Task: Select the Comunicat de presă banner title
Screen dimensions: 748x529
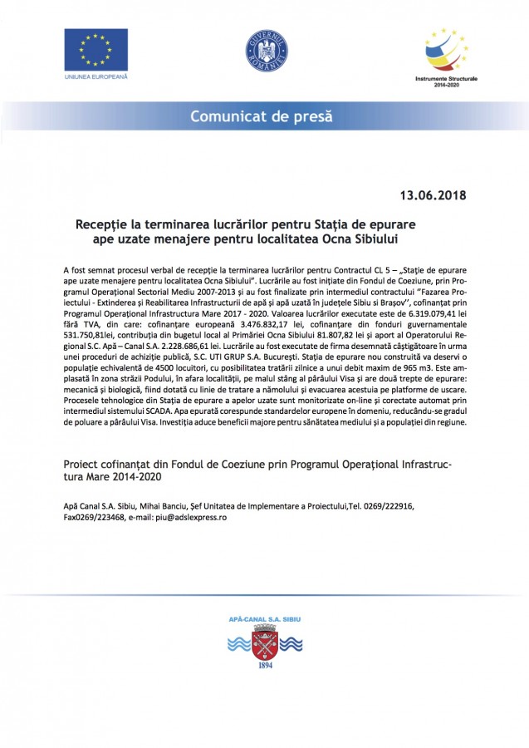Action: coord(264,116)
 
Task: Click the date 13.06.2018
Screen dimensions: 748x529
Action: coord(432,197)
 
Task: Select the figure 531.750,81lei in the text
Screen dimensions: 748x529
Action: coord(89,336)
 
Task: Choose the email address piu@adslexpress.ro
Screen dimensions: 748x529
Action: coord(185,517)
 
